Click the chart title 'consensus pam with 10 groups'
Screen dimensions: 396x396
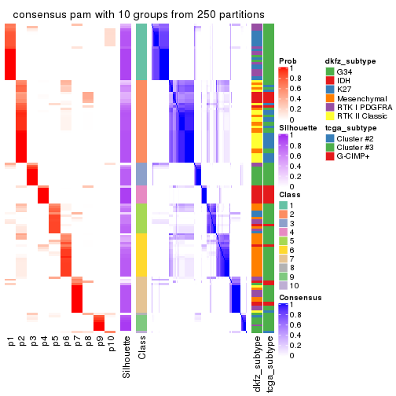138,15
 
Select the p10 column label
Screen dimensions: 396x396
110,346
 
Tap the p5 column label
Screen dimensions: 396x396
55,343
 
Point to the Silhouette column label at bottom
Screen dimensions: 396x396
126,357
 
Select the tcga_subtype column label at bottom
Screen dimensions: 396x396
269,364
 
